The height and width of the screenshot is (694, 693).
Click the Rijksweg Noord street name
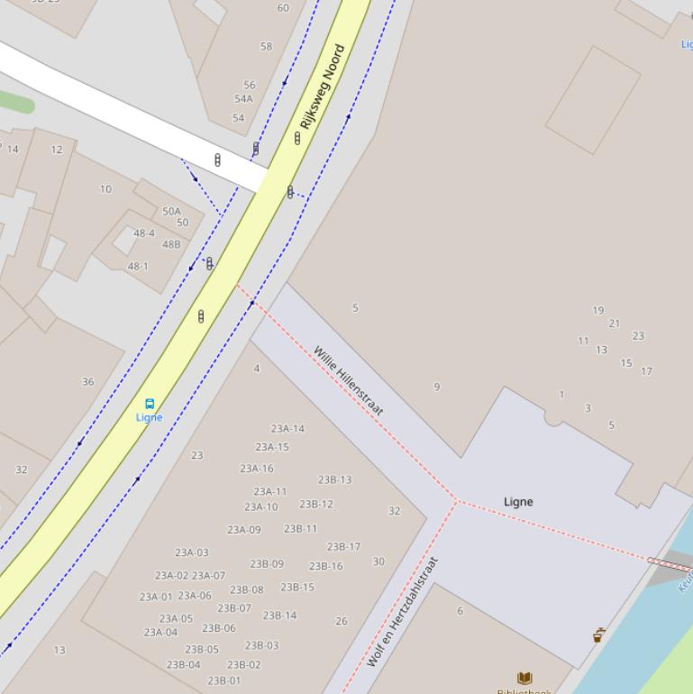(322, 87)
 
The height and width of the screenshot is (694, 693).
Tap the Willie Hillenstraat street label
(349, 380)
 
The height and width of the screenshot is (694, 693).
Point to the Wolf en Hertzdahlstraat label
(403, 612)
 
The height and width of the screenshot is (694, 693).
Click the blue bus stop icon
(150, 405)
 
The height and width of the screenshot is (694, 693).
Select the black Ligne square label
(518, 501)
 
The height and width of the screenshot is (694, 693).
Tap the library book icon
(524, 678)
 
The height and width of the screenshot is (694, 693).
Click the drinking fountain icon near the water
(597, 635)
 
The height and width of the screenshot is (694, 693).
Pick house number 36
(87, 382)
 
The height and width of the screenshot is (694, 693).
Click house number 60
(283, 8)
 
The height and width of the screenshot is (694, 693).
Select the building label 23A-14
(287, 429)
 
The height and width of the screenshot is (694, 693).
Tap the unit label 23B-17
(343, 547)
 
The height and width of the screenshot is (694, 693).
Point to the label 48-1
(138, 267)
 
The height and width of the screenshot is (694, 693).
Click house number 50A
(171, 212)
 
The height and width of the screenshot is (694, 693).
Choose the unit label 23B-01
(224, 681)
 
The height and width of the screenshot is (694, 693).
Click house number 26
(341, 621)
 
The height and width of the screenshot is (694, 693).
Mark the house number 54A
(243, 99)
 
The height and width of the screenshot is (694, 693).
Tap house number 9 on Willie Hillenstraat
(437, 387)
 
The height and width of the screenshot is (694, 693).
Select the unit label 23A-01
(155, 597)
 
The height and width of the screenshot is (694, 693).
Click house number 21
(614, 324)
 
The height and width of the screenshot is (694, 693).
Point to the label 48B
(171, 244)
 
